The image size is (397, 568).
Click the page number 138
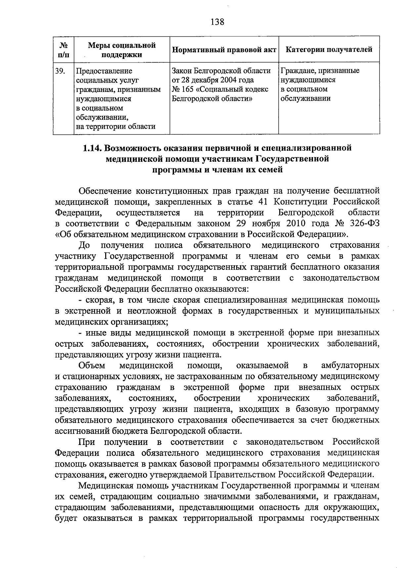pos(217,22)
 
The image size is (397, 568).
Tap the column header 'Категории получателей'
pos(329,49)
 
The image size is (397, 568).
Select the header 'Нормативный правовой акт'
pos(224,50)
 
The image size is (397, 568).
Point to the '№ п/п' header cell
pos(64,49)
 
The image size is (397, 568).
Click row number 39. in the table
pos(60,71)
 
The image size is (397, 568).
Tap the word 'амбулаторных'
pos(350,366)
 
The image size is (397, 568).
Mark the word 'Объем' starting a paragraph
pos(92,366)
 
